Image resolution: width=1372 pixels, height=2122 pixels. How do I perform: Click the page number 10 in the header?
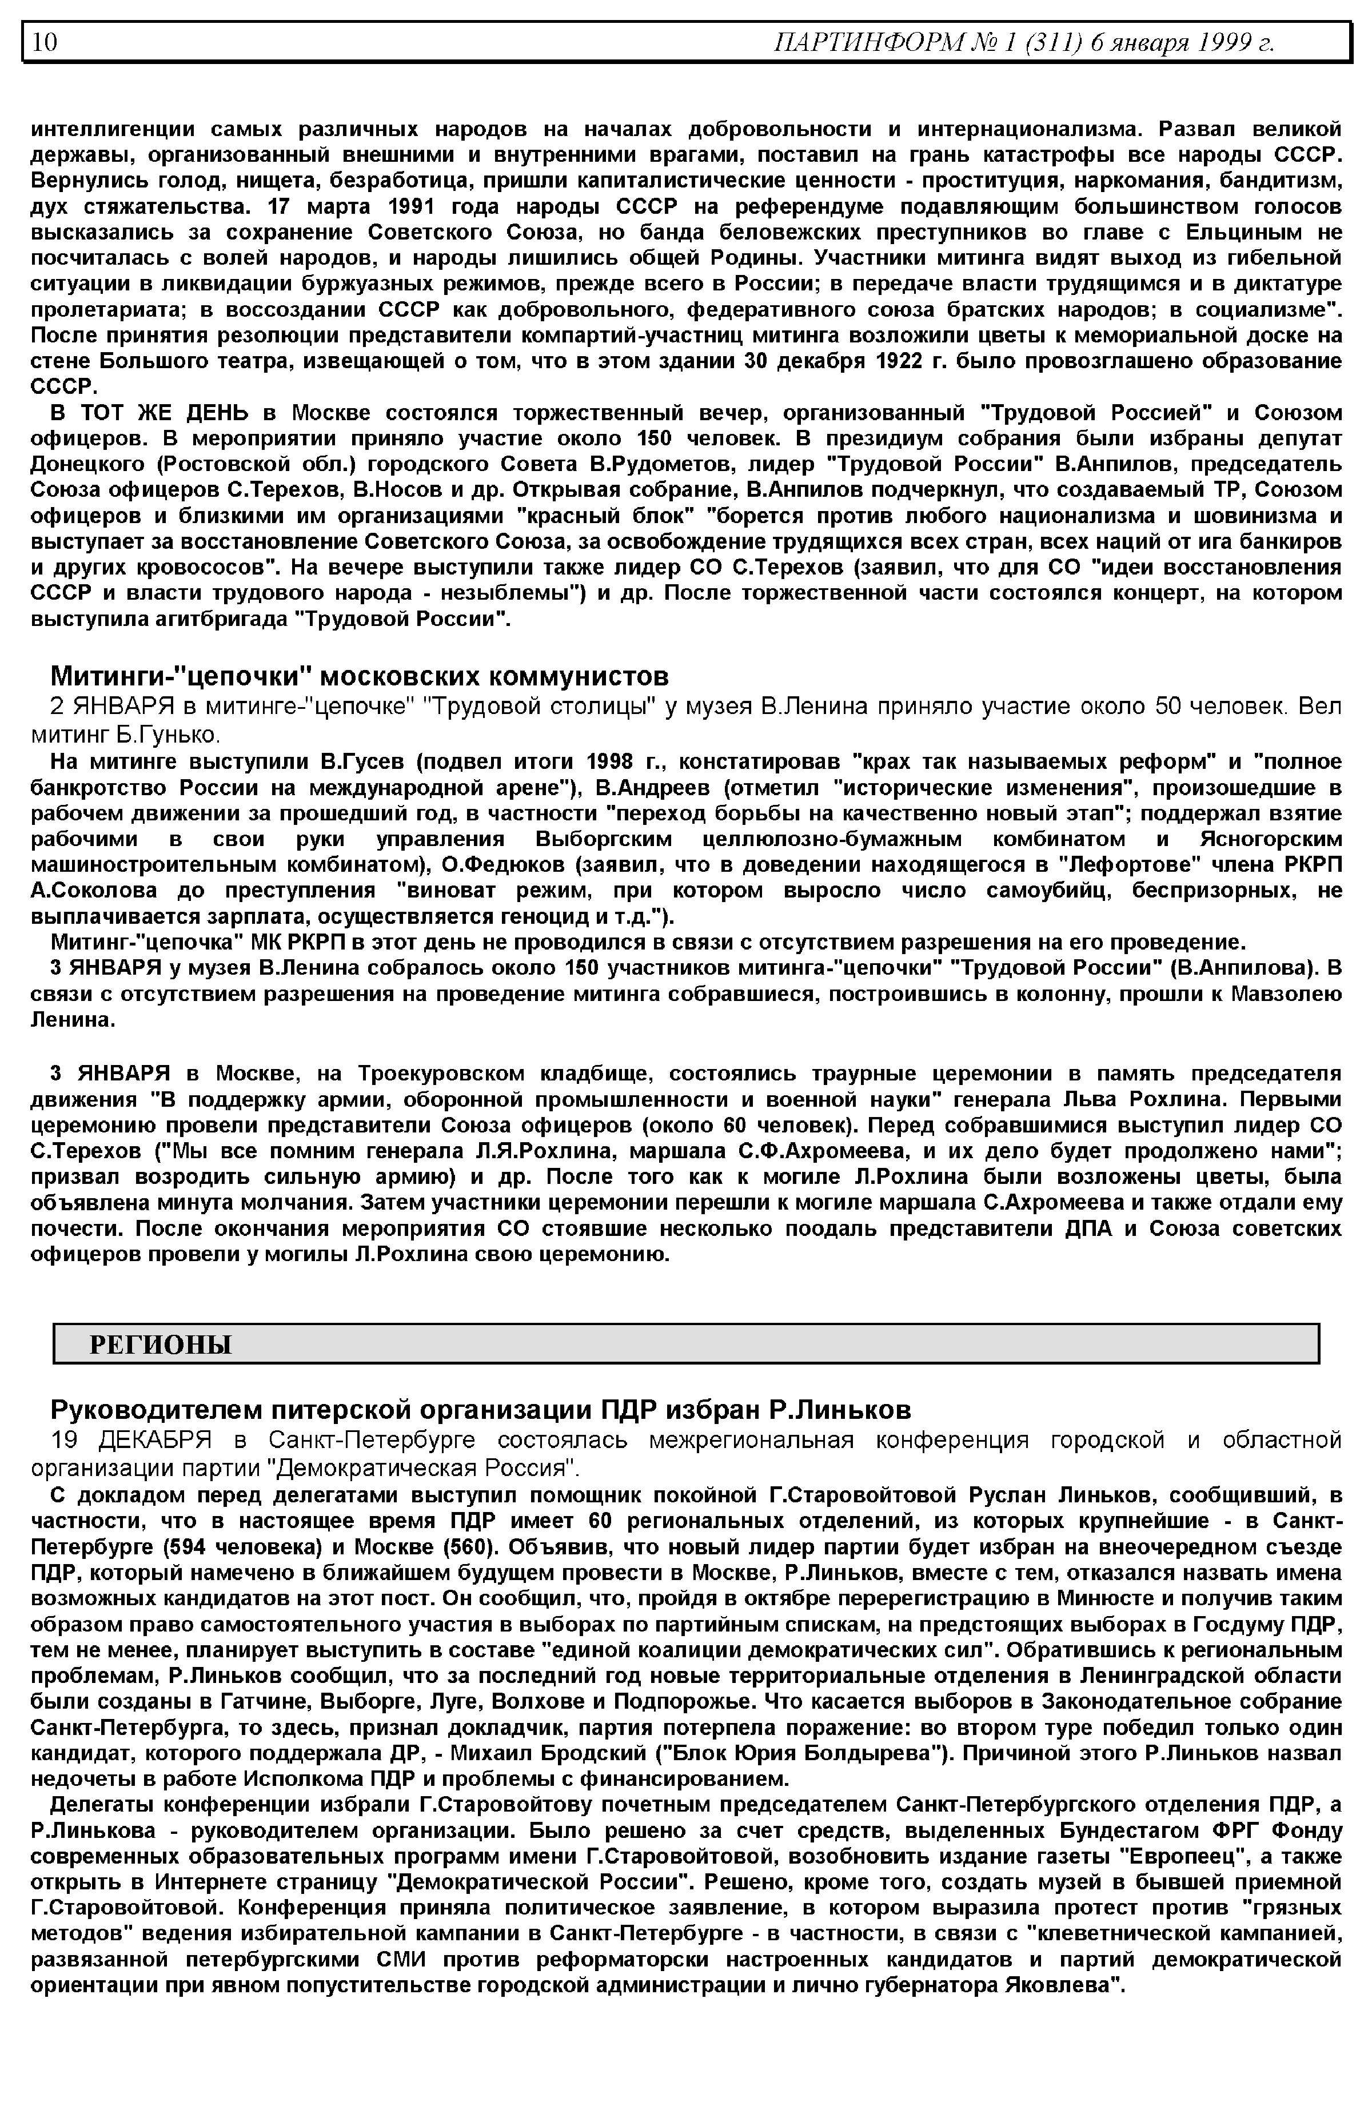[45, 42]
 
